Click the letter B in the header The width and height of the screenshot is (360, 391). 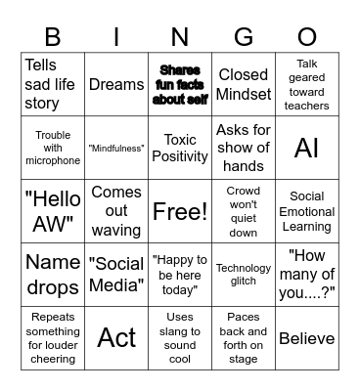[53, 38]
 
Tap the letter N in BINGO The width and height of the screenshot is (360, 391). [180, 38]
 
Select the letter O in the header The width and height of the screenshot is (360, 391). [306, 38]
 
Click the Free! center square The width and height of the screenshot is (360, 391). [180, 211]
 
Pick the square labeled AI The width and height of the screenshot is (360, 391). [306, 148]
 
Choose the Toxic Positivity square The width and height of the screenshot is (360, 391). [180, 148]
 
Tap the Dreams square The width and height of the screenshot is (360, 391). [116, 85]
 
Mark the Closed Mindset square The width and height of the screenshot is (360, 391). [244, 85]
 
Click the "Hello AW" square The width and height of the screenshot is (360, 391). [53, 211]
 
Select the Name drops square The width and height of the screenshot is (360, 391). [53, 275]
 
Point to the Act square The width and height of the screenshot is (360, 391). [116, 337]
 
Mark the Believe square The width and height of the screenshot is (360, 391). [306, 338]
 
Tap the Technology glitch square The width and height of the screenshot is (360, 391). [244, 275]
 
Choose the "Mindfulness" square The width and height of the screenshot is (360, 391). [116, 148]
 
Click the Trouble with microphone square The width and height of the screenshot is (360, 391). [53, 148]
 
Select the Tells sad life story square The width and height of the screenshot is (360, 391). [53, 85]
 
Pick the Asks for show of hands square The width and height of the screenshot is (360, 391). [244, 148]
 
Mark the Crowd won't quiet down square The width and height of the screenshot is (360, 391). [244, 211]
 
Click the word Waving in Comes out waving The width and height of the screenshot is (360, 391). [116, 230]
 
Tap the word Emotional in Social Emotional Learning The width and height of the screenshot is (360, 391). [306, 211]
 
